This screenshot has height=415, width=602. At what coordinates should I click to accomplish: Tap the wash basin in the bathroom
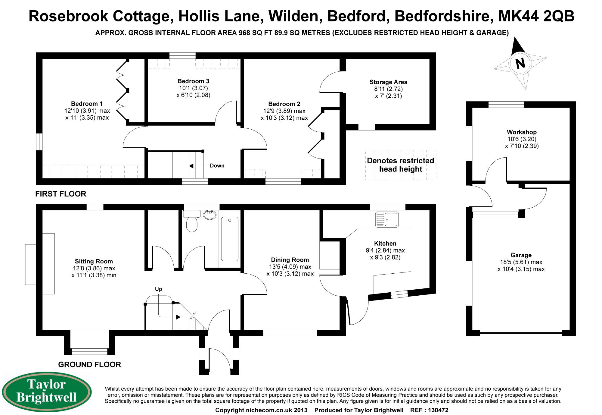[x=209, y=215]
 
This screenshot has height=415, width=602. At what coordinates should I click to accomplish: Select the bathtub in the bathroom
[x=230, y=239]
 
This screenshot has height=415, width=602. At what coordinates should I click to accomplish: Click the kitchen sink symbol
[x=387, y=219]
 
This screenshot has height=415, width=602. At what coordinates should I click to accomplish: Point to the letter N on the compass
[x=520, y=63]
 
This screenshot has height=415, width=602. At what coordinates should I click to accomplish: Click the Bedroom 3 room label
[x=193, y=81]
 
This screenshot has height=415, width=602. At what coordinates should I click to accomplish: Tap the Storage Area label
[x=388, y=82]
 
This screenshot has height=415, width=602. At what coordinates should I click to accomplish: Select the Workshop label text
[x=522, y=132]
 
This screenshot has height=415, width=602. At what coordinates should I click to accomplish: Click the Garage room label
[x=521, y=255]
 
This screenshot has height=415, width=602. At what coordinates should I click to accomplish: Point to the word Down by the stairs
[x=217, y=166]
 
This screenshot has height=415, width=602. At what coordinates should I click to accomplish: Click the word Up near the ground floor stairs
[x=158, y=289]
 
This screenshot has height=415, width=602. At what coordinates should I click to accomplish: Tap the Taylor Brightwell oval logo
[x=47, y=391]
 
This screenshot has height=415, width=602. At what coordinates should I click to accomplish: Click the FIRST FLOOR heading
[x=61, y=194]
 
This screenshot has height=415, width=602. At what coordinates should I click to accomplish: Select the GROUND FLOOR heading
[x=89, y=364]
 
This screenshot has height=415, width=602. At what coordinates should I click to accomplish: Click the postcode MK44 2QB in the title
[x=536, y=16]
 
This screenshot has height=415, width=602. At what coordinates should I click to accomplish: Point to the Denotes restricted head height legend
[x=401, y=165]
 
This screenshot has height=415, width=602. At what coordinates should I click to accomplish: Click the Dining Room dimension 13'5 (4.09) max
[x=290, y=267]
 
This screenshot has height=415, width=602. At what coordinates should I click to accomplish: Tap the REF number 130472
[x=438, y=410]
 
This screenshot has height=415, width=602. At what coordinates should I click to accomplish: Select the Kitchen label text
[x=385, y=244]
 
